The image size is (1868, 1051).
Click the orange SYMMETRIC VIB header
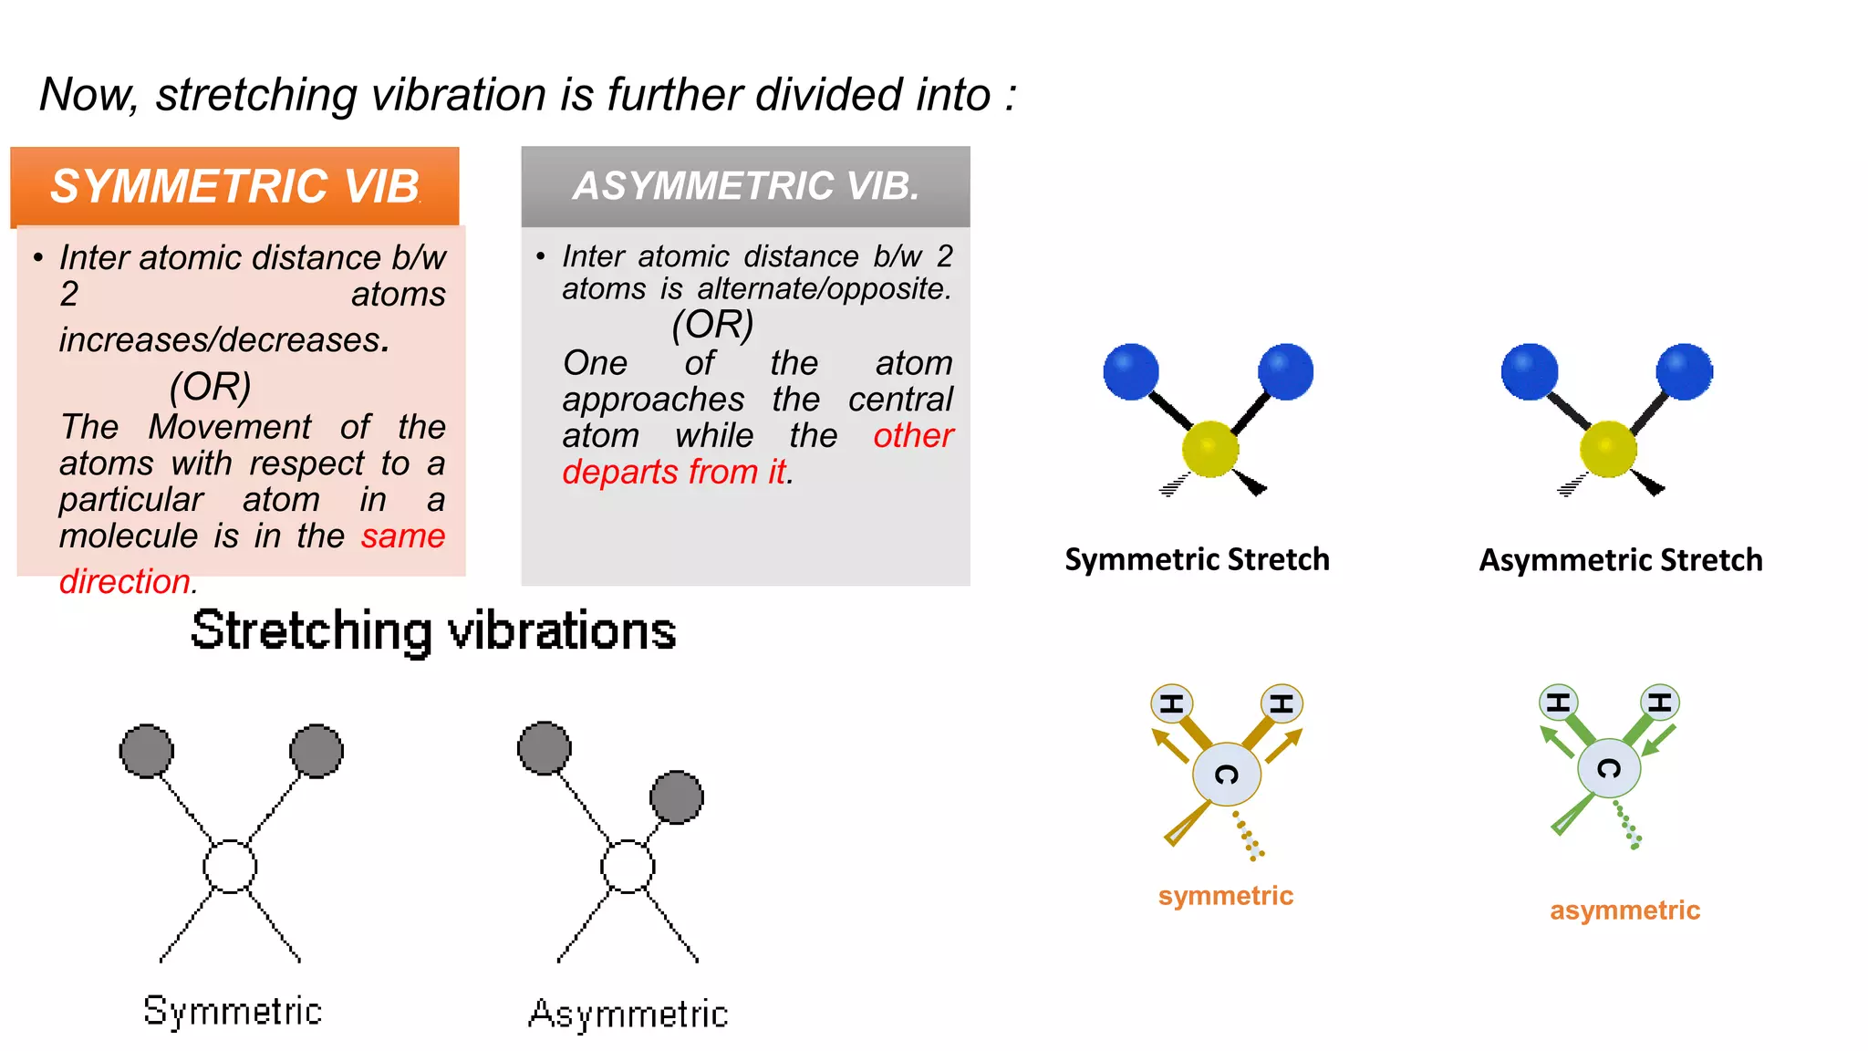[234, 186]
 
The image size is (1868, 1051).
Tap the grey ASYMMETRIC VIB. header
[745, 186]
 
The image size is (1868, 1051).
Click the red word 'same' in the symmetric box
[402, 536]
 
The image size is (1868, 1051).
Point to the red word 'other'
[913, 435]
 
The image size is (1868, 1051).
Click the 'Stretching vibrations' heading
[433, 630]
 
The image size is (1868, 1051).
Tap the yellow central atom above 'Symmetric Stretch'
[1210, 449]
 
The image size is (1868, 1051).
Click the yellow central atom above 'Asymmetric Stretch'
[1608, 449]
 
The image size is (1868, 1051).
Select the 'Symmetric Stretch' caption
[1197, 559]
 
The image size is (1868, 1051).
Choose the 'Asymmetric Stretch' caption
[1621, 559]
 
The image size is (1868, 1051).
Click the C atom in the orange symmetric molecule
[1227, 775]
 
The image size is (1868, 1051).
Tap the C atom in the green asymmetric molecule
[1609, 768]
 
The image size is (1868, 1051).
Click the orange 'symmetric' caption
[1225, 896]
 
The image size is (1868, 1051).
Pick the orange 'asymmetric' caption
[1624, 911]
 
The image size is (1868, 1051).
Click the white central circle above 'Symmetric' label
[230, 866]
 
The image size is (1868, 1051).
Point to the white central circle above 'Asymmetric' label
[628, 866]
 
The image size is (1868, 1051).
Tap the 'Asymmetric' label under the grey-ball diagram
[628, 1015]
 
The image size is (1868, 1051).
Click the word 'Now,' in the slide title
[88, 95]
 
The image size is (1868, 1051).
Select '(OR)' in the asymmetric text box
[712, 325]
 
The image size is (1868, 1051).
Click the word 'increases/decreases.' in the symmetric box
[224, 339]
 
